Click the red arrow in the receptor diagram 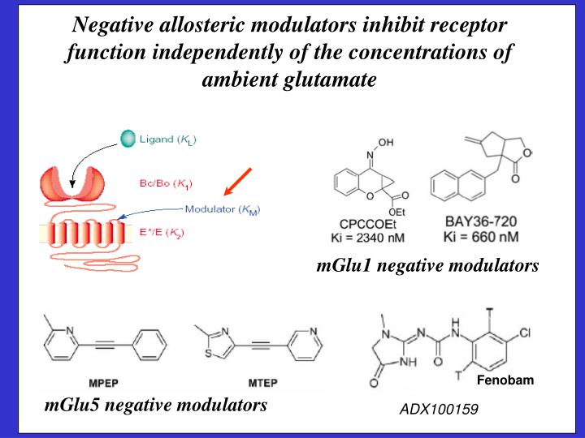click(x=240, y=182)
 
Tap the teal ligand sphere click(x=128, y=139)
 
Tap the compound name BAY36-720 click(x=480, y=221)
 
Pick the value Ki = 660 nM click(x=480, y=236)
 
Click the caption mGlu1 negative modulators click(x=427, y=266)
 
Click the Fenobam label click(x=505, y=380)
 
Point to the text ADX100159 click(x=438, y=410)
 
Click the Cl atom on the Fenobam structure click(x=524, y=333)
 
